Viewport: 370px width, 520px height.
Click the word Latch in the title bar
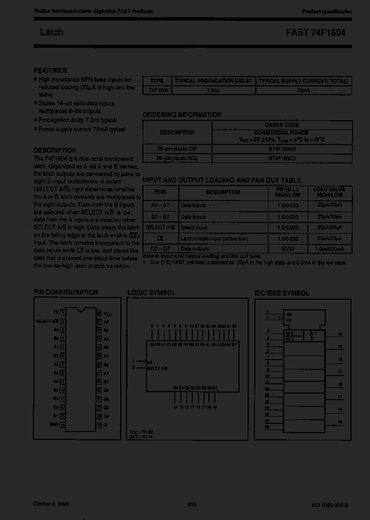(51, 32)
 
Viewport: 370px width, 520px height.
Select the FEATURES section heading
(50, 70)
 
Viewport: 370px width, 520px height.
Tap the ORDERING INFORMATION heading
(182, 115)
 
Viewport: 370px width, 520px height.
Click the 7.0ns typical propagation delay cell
(213, 90)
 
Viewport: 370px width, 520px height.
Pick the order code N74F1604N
(282, 148)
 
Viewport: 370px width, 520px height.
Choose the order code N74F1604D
(282, 158)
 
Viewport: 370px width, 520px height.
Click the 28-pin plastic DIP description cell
(177, 148)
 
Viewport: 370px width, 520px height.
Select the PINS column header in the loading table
(160, 192)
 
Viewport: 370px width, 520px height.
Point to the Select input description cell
(194, 227)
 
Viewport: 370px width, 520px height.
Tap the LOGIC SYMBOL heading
(151, 292)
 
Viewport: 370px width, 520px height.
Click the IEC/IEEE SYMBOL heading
(282, 293)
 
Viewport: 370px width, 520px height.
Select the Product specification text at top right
(327, 11)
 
